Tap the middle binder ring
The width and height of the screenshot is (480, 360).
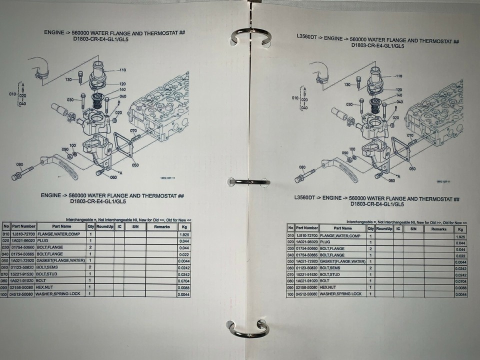[248, 181]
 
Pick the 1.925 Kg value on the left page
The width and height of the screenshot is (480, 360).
[184, 234]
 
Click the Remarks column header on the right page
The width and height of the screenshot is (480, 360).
[438, 228]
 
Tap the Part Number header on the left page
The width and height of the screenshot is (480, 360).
[24, 226]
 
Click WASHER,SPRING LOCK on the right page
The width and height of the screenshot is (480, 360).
[342, 294]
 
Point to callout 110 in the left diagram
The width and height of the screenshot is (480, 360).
[122, 69]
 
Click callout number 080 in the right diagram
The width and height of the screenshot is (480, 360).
[302, 167]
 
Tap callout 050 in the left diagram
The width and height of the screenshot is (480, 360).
[135, 164]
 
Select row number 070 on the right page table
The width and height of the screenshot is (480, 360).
[290, 274]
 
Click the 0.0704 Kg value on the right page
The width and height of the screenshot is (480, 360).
[460, 281]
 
